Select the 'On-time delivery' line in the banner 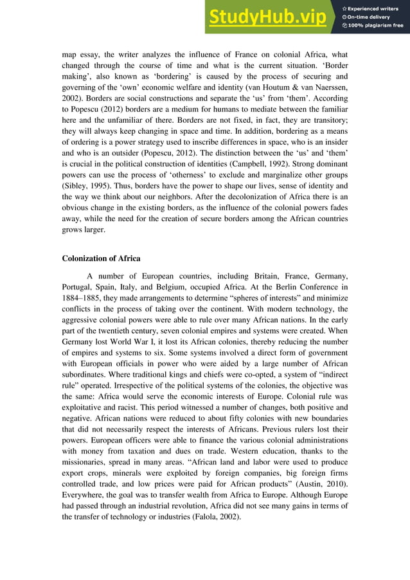pos(371,17)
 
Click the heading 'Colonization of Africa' pos(101,258)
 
